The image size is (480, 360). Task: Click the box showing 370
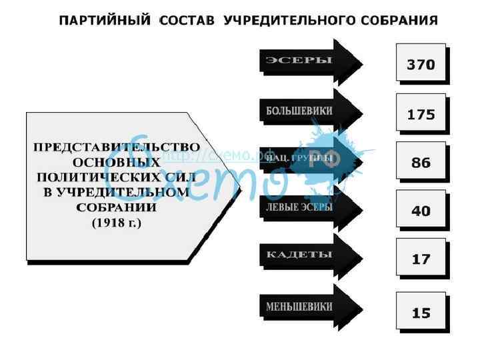click(x=421, y=64)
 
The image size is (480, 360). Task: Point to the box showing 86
click(x=421, y=162)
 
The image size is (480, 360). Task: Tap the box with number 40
click(x=421, y=210)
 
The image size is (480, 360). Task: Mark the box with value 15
click(x=421, y=311)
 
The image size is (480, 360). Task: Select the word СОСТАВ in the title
click(x=188, y=21)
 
